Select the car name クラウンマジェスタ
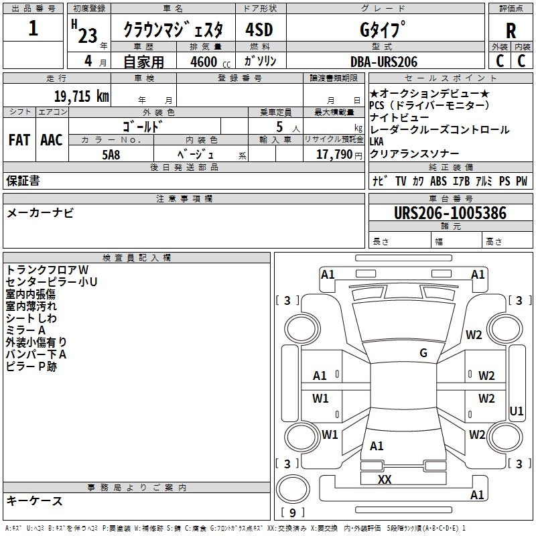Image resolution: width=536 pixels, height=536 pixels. click(x=178, y=30)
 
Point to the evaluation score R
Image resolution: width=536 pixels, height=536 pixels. click(x=511, y=31)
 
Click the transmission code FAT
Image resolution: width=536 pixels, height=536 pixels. click(x=19, y=139)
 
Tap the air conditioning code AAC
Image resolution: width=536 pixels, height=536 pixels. click(x=52, y=139)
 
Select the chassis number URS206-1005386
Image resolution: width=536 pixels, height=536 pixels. click(x=450, y=213)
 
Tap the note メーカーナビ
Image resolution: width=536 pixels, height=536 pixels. click(x=40, y=213)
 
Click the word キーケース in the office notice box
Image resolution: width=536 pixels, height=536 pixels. click(x=35, y=500)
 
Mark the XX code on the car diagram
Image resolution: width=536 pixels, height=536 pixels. click(x=385, y=479)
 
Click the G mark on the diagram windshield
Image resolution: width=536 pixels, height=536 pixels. click(x=423, y=353)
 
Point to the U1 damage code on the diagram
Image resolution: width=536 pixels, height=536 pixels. click(x=517, y=411)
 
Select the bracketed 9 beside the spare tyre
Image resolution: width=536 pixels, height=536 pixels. click(x=293, y=513)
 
